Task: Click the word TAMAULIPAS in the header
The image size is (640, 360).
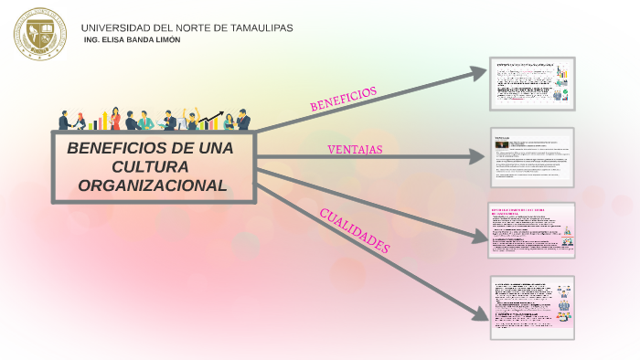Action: tap(257, 27)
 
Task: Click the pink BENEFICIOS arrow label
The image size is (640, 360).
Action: tap(343, 100)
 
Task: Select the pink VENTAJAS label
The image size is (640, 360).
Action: tap(355, 149)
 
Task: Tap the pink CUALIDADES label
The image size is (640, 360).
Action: tap(355, 231)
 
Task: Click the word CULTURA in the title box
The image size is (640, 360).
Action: tap(151, 166)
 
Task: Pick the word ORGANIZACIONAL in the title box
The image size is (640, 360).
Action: tap(152, 185)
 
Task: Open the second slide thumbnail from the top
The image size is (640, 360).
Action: tap(532, 156)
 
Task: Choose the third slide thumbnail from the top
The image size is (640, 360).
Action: tap(532, 229)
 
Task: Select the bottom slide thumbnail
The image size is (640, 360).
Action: tap(532, 307)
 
